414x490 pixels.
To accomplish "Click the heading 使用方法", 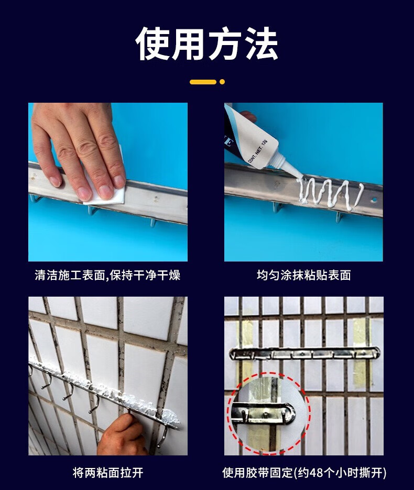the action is tap(206, 43).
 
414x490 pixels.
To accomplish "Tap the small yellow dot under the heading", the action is tap(222, 82).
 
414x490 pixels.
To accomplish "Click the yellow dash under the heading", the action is tap(203, 82).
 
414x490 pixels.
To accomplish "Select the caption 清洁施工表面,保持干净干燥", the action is tap(107, 275).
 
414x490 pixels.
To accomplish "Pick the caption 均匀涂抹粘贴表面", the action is tap(304, 275).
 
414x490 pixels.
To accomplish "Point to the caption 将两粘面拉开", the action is tap(108, 473).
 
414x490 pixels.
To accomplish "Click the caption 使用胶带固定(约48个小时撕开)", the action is tap(304, 473).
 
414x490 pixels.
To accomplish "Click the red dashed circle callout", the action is tap(269, 412).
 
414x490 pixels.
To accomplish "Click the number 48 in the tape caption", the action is tap(314, 473).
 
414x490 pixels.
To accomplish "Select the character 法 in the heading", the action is tap(261, 43).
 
